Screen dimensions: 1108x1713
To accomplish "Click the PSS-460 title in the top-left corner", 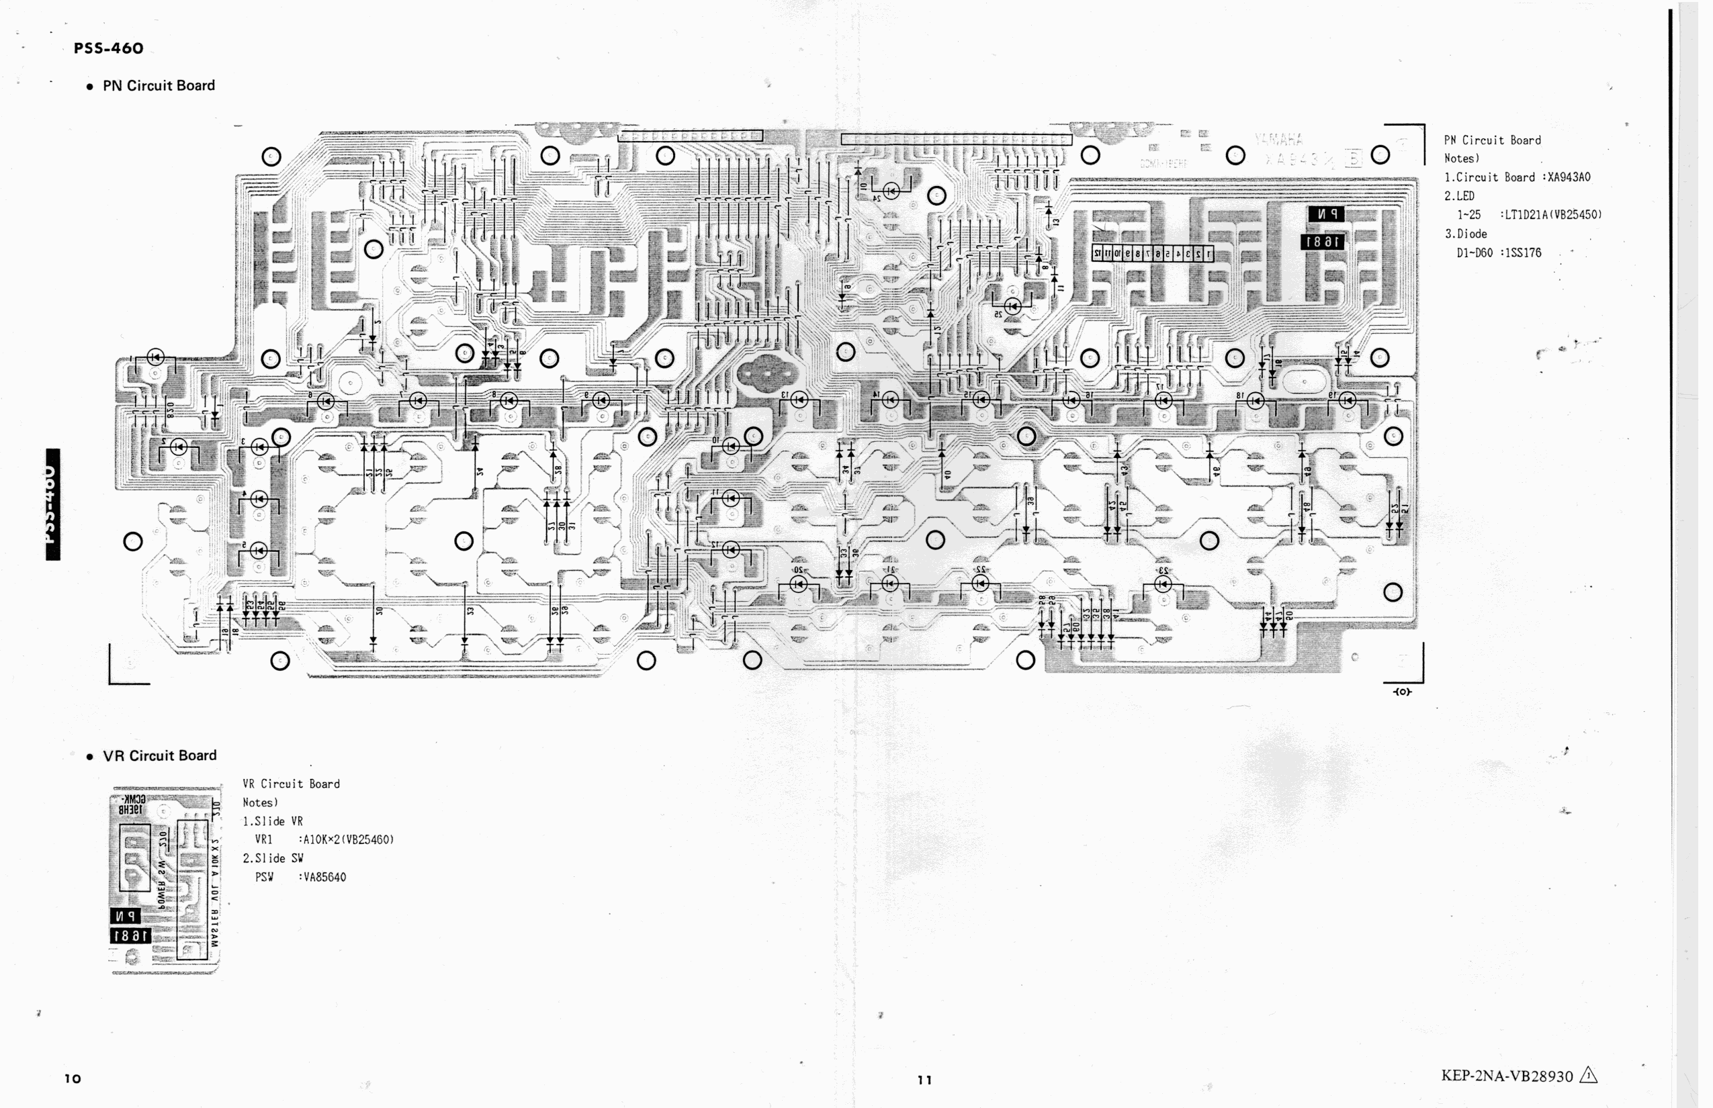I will pyautogui.click(x=108, y=48).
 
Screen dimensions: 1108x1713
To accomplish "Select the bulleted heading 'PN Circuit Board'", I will pyautogui.click(x=159, y=86).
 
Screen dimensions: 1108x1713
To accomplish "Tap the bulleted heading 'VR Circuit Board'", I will pyautogui.click(x=159, y=755).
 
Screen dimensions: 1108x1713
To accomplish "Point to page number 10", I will pyautogui.click(x=73, y=1078).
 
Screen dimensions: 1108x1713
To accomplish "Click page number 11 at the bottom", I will pyautogui.click(x=925, y=1079).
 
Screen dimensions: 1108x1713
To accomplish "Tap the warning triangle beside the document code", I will pyautogui.click(x=1589, y=1076).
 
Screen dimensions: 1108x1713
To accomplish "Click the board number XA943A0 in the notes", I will pyautogui.click(x=1569, y=177).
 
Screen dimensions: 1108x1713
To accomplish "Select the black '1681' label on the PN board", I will pyautogui.click(x=1322, y=242).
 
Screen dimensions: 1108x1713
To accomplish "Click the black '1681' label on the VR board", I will pyautogui.click(x=130, y=935).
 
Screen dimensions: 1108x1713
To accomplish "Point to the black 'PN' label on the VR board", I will pyautogui.click(x=125, y=916).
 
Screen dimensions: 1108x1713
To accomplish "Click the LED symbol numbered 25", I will pyautogui.click(x=1012, y=306).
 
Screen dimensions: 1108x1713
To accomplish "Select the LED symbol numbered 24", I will pyautogui.click(x=891, y=191).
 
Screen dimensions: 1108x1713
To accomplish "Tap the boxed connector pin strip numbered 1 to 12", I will pyautogui.click(x=1152, y=253).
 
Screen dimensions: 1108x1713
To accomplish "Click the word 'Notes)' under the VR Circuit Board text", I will pyautogui.click(x=260, y=802).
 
